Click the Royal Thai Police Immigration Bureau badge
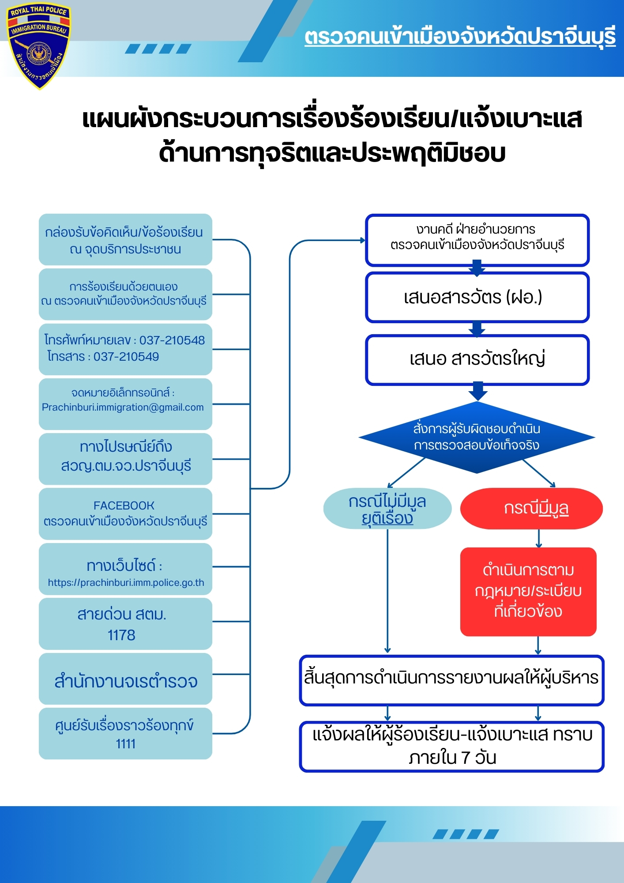tap(38, 46)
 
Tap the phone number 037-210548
tap(172, 340)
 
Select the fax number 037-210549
tap(126, 357)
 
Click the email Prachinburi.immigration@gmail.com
tap(123, 407)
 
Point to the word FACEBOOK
tap(124, 506)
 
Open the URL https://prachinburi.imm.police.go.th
tap(126, 583)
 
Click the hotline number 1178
tap(121, 635)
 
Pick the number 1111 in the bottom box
tap(125, 744)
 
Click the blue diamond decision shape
tap(477, 437)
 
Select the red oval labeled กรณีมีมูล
tap(531, 509)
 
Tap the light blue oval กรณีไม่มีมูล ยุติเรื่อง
tap(387, 509)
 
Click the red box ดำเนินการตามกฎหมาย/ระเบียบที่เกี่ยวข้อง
tap(528, 592)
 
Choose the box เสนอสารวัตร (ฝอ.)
tap(477, 297)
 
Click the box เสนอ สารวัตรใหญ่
tap(477, 359)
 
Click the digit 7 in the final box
tap(466, 758)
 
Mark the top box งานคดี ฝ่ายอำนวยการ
tap(477, 240)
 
